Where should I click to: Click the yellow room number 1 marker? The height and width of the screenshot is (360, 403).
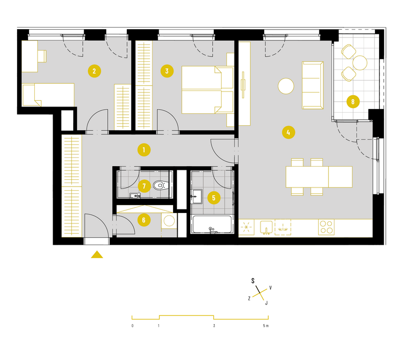(x=144, y=150)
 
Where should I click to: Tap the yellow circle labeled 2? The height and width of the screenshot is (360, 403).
(x=94, y=71)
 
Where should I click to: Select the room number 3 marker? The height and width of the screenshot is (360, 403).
(x=167, y=71)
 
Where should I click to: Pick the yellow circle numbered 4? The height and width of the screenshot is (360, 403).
(x=289, y=132)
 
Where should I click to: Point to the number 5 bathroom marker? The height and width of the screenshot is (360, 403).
(x=214, y=198)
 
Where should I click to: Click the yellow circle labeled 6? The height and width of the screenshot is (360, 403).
(x=144, y=220)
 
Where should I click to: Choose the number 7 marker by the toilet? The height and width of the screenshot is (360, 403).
(x=144, y=186)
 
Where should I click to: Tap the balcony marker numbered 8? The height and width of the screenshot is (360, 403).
(x=353, y=102)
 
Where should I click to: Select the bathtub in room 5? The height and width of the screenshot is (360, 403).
(x=212, y=224)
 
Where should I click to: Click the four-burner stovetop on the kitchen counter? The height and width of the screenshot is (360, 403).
(x=326, y=227)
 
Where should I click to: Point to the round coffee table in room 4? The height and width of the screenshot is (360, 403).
(x=286, y=86)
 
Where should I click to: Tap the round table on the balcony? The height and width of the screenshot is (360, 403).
(x=360, y=63)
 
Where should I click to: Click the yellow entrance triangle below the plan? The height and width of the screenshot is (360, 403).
(x=97, y=255)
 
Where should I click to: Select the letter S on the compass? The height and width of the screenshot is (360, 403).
(x=253, y=281)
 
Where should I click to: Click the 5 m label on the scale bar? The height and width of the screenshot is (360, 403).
(x=266, y=326)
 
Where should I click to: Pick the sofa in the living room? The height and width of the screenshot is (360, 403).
(x=313, y=85)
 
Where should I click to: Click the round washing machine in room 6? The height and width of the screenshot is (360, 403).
(x=169, y=221)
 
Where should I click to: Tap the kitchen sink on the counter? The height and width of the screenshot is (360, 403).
(x=266, y=227)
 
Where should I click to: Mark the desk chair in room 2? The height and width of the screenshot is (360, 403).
(x=42, y=56)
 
